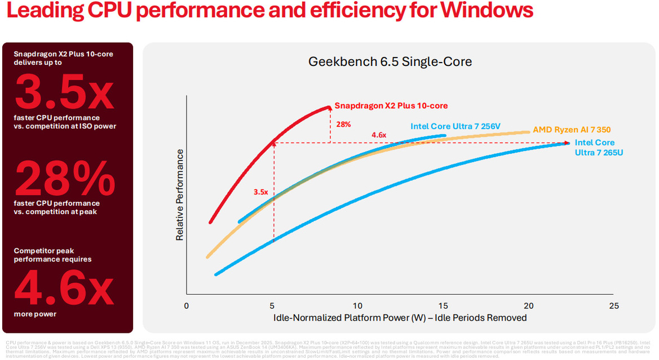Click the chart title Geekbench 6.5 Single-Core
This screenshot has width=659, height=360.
[390, 61]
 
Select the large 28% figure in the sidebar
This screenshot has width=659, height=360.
[64, 177]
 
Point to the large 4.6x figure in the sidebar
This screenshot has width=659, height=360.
[64, 287]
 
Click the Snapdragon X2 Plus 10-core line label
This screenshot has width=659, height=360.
[391, 105]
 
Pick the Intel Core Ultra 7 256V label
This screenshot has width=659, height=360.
[455, 126]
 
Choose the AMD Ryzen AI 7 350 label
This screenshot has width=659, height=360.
[572, 130]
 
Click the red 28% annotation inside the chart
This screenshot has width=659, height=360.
[343, 124]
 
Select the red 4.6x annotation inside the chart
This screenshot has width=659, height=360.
[378, 135]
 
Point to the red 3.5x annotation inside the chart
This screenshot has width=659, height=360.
[260, 192]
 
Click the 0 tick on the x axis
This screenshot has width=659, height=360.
[187, 306]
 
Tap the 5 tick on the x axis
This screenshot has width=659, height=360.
[272, 306]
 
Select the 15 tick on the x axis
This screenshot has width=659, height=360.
[443, 306]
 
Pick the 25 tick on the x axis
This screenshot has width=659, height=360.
[614, 306]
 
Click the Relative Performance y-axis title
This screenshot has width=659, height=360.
[180, 195]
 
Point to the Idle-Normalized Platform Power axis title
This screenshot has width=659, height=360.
[400, 318]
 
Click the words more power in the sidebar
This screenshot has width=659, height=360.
[36, 314]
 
